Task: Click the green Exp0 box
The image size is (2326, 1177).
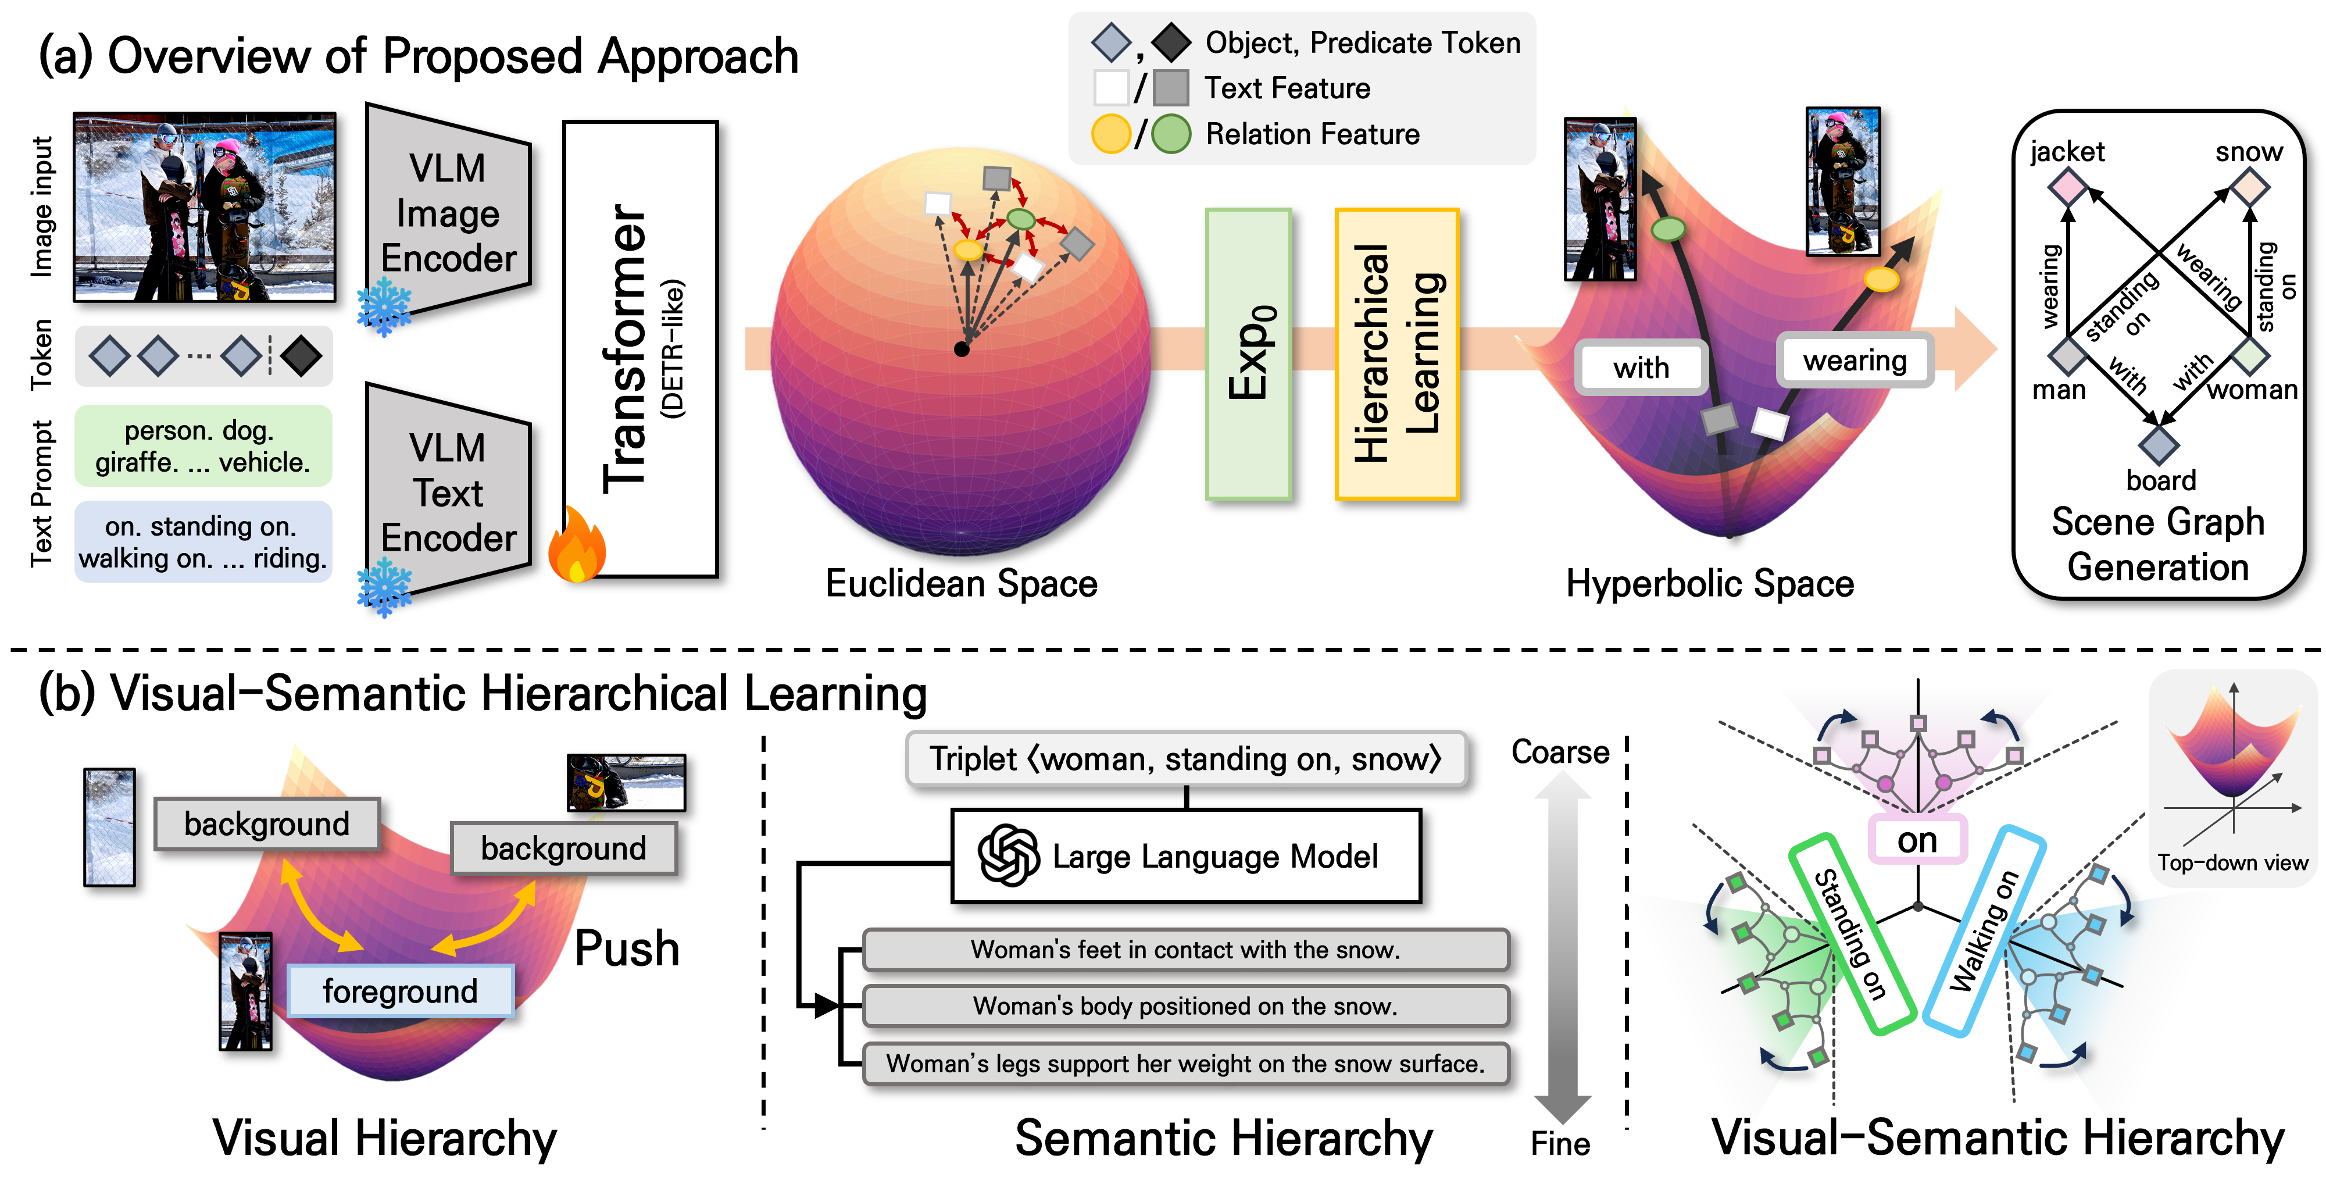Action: pos(1249,354)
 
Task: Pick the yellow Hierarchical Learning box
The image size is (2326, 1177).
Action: pos(1396,354)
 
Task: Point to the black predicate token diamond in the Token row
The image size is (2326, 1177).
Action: pos(301,356)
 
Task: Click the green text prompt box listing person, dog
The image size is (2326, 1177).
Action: pos(203,446)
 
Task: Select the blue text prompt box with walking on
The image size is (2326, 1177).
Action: pos(203,542)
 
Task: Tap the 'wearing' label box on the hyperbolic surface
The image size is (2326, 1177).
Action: pos(1855,361)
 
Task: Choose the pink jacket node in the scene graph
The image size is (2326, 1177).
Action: pos(2068,188)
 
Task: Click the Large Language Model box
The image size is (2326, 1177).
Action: pos(1185,855)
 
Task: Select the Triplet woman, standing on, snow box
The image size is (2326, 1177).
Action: pos(1185,759)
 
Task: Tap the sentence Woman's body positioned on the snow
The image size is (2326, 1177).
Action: pos(1185,1005)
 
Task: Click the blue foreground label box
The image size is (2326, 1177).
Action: pos(400,991)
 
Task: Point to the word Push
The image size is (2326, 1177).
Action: pos(627,948)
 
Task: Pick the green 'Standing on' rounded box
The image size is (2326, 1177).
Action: pos(1851,933)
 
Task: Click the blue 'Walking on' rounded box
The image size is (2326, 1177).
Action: pos(1984,930)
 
